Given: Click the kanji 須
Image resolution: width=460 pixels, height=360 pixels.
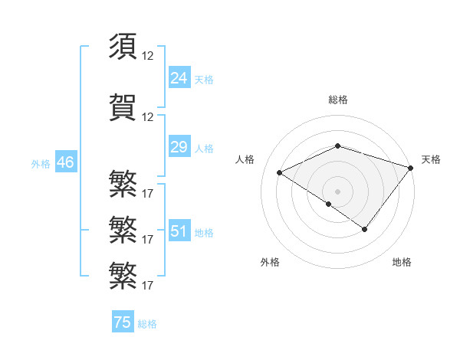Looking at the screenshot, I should click(123, 47).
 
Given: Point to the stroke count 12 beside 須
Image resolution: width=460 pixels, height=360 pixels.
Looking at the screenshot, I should click(148, 56).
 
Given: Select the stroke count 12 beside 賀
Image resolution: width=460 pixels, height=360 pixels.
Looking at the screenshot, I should click(148, 117).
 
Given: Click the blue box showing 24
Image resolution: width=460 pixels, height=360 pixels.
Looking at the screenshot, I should click(179, 78).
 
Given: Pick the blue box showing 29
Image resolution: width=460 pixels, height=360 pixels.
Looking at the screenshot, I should click(179, 147).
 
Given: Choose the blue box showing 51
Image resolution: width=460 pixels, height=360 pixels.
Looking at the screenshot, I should click(179, 231).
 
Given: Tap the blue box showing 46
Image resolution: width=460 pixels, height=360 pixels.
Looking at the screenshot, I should click(65, 162).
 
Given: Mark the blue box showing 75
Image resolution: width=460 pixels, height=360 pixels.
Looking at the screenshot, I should click(122, 322).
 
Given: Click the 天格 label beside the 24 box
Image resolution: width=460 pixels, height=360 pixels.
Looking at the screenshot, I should click(204, 80).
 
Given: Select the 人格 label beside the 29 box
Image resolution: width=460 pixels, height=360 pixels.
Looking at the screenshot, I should click(204, 149).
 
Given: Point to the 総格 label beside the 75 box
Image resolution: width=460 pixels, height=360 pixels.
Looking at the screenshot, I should click(147, 324).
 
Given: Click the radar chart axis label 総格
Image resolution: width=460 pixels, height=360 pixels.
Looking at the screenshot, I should click(337, 100).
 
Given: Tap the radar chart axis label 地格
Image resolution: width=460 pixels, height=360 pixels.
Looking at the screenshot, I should click(402, 262).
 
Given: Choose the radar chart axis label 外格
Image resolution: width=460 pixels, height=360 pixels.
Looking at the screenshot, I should click(270, 262).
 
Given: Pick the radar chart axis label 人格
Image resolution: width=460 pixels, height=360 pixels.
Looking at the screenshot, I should click(245, 159).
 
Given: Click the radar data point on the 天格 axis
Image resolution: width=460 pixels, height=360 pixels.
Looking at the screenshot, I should click(412, 167).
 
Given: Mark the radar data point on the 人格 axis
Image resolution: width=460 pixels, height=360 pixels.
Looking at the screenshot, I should click(280, 172).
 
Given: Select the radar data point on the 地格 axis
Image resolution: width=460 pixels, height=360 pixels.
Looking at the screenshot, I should click(365, 229).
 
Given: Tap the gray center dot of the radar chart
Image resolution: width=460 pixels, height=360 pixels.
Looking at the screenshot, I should click(337, 191).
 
